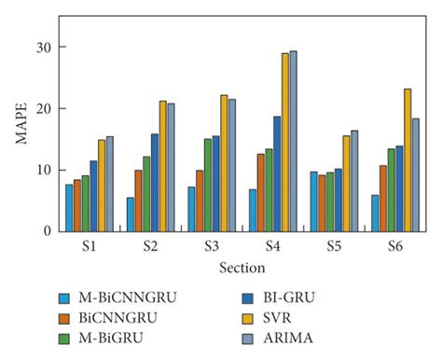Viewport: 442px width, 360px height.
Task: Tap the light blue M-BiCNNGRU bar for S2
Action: click(x=131, y=215)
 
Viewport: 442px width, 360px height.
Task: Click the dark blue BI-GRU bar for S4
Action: click(x=277, y=173)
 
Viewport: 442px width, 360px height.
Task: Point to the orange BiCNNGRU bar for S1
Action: click(x=77, y=205)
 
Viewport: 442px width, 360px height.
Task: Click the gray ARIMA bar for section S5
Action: click(x=354, y=181)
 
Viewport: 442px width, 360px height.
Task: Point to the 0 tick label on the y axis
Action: click(x=48, y=231)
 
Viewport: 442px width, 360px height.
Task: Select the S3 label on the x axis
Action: click(x=212, y=248)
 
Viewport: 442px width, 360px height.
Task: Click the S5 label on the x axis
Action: click(x=334, y=248)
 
